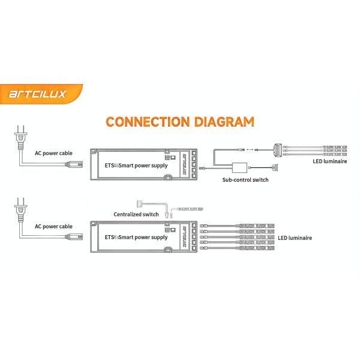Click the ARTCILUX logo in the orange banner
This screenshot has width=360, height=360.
[37, 94]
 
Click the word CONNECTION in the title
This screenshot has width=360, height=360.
[146, 122]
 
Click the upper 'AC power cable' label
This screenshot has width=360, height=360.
[54, 152]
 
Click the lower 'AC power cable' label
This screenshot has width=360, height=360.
[54, 226]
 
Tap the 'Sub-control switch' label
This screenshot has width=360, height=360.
[245, 179]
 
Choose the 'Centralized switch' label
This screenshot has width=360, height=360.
[136, 214]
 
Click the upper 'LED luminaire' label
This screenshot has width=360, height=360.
[330, 161]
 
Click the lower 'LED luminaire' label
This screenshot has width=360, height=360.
[295, 238]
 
